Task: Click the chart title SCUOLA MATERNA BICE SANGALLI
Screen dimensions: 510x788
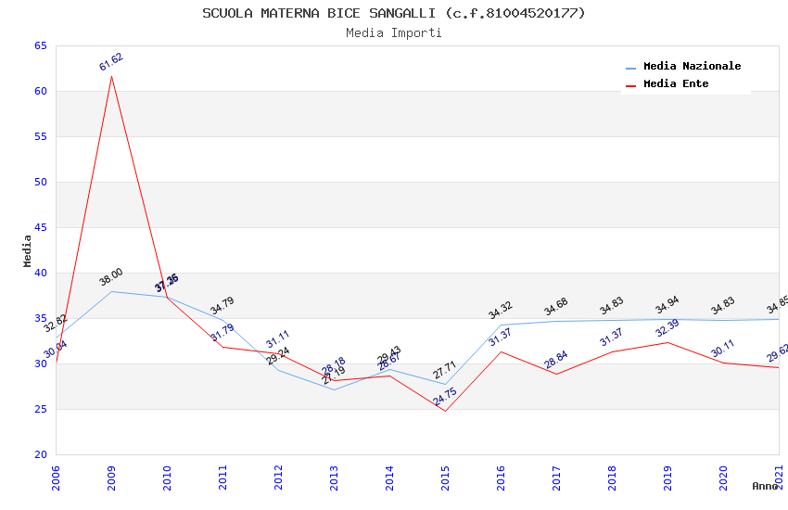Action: pyautogui.click(x=393, y=13)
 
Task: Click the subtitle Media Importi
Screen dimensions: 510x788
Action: pyautogui.click(x=393, y=32)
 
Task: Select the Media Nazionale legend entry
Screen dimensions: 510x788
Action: pyautogui.click(x=692, y=66)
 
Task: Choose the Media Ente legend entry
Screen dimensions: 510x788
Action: pyautogui.click(x=676, y=83)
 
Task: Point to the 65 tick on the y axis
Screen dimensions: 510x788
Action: pyautogui.click(x=40, y=45)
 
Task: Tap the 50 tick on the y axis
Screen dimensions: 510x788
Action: pyautogui.click(x=40, y=182)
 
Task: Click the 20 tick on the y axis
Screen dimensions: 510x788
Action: pyautogui.click(x=40, y=454)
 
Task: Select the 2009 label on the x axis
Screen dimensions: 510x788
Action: pyautogui.click(x=112, y=478)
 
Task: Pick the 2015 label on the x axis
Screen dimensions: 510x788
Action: pyautogui.click(x=446, y=478)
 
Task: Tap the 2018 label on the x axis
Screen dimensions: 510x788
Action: pyautogui.click(x=613, y=478)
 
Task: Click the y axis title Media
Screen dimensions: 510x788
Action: pyautogui.click(x=27, y=250)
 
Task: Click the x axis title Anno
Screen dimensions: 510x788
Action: pyautogui.click(x=764, y=486)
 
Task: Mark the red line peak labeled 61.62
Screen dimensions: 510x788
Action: pyautogui.click(x=112, y=76)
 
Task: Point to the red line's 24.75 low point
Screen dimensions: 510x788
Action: pyautogui.click(x=445, y=411)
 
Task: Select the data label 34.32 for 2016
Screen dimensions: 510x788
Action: pyautogui.click(x=501, y=311)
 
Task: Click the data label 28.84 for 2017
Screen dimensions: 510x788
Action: pyautogui.click(x=556, y=360)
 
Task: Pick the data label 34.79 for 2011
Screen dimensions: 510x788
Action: pyautogui.click(x=222, y=305)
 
